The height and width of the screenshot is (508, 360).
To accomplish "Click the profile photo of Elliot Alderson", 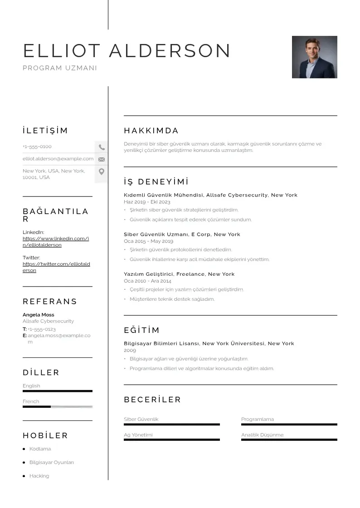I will click(314, 57).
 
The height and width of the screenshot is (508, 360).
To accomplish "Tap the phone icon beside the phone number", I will click(102, 147).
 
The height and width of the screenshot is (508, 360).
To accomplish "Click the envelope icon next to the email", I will click(102, 159).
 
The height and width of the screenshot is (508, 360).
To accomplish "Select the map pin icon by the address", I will click(102, 171).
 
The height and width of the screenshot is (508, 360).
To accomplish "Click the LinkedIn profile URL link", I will click(55, 242).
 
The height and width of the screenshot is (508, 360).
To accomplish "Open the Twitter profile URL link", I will click(56, 267).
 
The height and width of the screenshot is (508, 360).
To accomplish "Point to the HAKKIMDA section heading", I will click(151, 131).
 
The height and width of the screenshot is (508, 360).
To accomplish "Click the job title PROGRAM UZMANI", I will click(60, 68).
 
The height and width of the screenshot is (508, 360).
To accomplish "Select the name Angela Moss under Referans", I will click(39, 315).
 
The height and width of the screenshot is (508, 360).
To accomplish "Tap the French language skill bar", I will click(57, 407).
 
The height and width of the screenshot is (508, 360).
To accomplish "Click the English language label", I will click(32, 386).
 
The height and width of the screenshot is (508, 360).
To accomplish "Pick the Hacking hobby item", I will click(39, 476).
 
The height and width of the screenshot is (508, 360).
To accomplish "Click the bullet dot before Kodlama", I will click(24, 449).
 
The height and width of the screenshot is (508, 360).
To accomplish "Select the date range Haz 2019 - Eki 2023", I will click(147, 202).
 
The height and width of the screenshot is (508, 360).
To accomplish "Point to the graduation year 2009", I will click(130, 351).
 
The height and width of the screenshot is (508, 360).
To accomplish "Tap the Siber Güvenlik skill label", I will click(141, 420).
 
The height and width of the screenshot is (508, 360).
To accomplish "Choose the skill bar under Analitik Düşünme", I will click(289, 440).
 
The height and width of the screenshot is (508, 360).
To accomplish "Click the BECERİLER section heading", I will click(152, 400).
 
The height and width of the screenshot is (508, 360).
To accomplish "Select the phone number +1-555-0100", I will click(37, 147).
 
